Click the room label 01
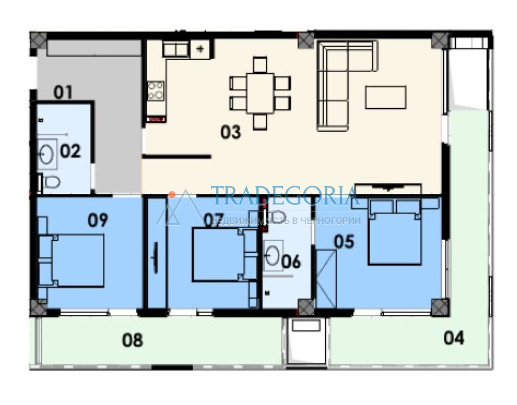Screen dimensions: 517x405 click(63, 92)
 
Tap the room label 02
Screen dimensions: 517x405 click(71, 151)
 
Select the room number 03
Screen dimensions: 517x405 click(231, 132)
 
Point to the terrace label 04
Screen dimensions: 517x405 click(454, 338)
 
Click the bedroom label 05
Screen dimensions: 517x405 click(344, 241)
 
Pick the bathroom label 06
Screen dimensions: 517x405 click(291, 261)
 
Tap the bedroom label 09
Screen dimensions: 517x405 click(98, 220)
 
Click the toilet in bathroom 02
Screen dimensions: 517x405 click(50, 181)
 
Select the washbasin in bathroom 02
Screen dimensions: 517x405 click(47, 154)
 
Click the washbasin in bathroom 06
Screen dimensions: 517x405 click(273, 256)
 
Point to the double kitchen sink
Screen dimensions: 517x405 click(176, 49)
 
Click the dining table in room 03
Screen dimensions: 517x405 click(260, 93)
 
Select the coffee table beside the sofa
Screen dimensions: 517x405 click(385, 97)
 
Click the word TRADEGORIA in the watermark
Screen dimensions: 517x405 click(284, 196)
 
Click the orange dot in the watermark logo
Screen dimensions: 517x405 click(172, 195)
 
